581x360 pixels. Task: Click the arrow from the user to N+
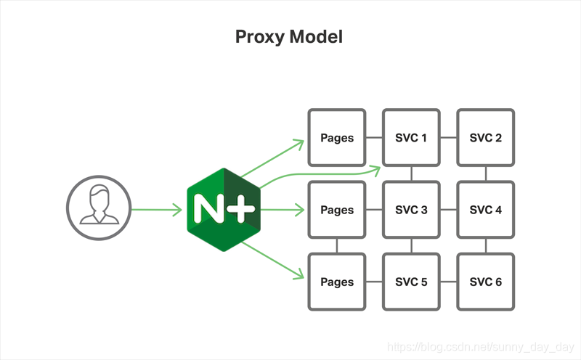[x=156, y=210]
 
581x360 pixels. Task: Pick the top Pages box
[x=337, y=138]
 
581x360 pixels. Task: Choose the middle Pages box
[x=337, y=210]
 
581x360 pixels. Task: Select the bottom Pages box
[x=337, y=282]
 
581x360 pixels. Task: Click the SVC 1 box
[x=411, y=138]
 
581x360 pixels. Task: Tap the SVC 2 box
[x=486, y=138]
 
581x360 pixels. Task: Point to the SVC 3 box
[x=411, y=210]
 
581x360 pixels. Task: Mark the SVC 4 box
[x=486, y=210]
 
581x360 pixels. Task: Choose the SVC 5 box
[x=411, y=282]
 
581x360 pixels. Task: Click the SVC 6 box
[x=486, y=282]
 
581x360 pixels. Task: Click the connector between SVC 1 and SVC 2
[x=448, y=138]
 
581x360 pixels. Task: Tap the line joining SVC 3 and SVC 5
[x=411, y=246]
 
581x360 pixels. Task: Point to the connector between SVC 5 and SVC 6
[x=448, y=282]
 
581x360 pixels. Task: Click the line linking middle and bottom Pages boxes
[x=337, y=246]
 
